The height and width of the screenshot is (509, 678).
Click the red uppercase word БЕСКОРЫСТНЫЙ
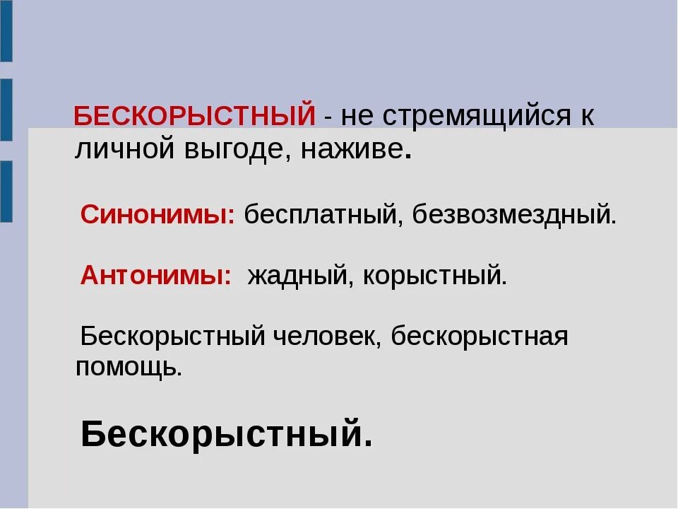point(195,116)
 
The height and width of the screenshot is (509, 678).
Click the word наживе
point(352,149)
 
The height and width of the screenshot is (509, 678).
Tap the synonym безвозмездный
point(514,214)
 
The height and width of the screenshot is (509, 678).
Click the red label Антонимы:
point(156,275)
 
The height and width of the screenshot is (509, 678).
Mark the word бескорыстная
point(480,336)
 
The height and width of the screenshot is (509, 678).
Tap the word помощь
point(129,367)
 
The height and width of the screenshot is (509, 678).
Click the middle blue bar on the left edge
point(6,110)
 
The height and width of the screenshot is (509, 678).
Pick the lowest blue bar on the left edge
point(6,192)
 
